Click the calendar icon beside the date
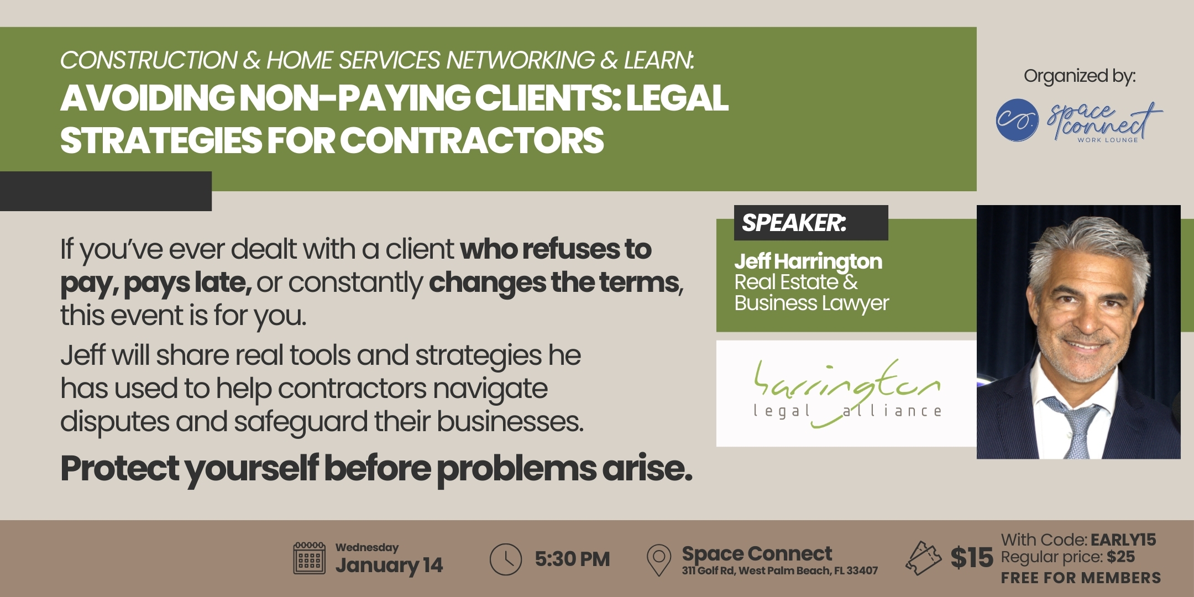(x=309, y=558)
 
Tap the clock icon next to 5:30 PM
(x=505, y=559)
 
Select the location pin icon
(x=659, y=560)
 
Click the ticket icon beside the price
(x=923, y=558)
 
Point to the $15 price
(x=972, y=558)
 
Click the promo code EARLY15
(x=1123, y=540)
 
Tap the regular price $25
(x=1120, y=557)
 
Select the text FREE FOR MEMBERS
(x=1081, y=578)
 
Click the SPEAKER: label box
(x=811, y=223)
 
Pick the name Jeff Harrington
(x=808, y=261)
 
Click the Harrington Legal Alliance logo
(x=846, y=393)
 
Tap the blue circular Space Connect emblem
(x=1017, y=120)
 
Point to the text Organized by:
(x=1080, y=76)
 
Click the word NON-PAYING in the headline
(x=354, y=98)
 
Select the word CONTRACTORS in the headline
(x=472, y=140)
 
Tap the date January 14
(x=389, y=565)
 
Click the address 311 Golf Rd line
(x=779, y=570)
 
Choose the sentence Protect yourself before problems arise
(x=376, y=469)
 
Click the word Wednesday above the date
(x=367, y=547)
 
